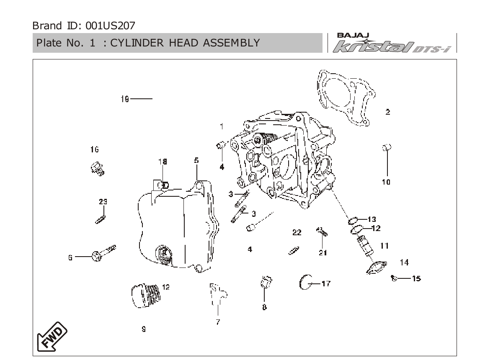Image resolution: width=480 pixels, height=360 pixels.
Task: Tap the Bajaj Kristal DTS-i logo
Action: pos(392,43)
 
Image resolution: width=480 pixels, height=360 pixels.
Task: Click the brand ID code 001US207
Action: pos(110,26)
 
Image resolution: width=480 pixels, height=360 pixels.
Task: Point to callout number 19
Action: pos(125,99)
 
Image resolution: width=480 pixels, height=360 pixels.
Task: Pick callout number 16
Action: pos(94,149)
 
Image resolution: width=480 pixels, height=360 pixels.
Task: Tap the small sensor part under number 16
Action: pos(98,169)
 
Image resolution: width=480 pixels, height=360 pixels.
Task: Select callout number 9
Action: pos(144,329)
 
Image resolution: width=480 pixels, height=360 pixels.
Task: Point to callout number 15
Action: pos(416,278)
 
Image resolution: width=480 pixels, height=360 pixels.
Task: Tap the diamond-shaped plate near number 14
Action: pos(377,268)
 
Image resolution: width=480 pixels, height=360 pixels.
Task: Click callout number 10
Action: pos(386,182)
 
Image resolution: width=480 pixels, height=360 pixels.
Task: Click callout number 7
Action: pos(218,322)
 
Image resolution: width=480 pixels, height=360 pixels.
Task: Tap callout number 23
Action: pos(103,202)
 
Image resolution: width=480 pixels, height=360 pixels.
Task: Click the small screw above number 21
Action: pos(322,231)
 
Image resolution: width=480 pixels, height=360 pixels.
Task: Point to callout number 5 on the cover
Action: pos(196,160)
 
